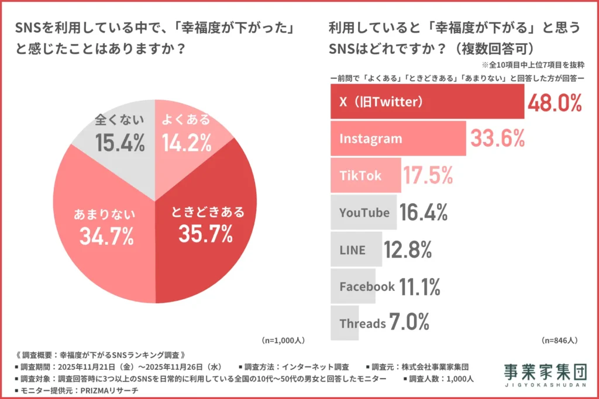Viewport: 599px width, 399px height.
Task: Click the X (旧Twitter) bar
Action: click(427, 102)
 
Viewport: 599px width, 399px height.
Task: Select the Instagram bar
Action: click(398, 138)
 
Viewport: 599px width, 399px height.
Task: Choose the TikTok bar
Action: click(366, 175)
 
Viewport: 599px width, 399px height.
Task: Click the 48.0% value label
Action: click(555, 103)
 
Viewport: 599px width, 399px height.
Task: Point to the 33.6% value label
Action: click(497, 139)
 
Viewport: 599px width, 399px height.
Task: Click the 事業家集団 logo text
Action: click(544, 371)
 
